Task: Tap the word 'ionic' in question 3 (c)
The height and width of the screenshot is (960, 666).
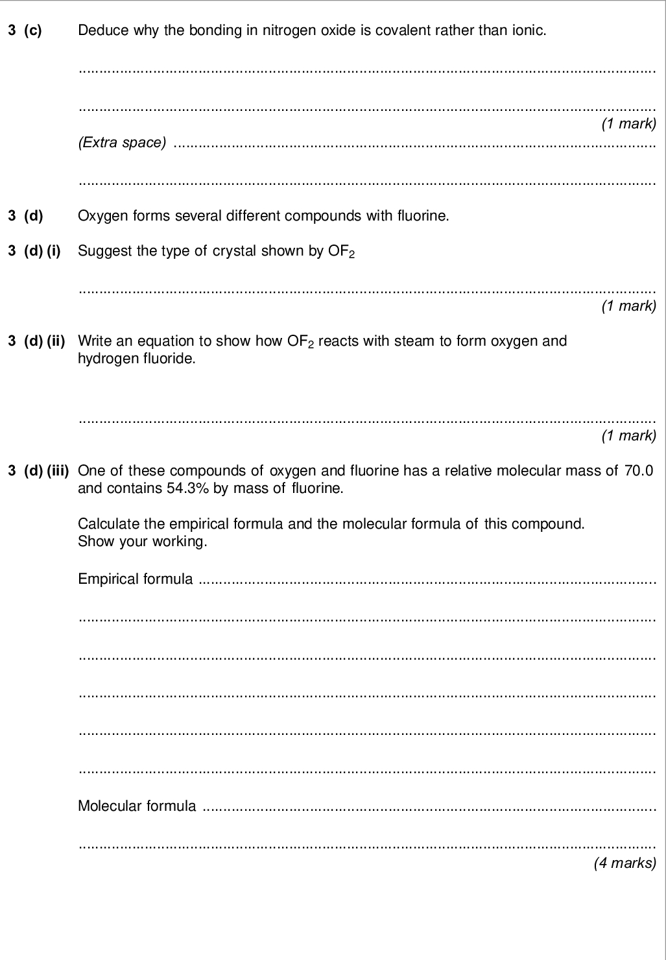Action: (530, 30)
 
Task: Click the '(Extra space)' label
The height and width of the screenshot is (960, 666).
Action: (122, 142)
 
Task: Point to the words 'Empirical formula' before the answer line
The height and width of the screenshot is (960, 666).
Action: (135, 579)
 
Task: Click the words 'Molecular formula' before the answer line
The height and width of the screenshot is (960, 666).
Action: (137, 806)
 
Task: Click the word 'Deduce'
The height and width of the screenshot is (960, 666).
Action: (98, 30)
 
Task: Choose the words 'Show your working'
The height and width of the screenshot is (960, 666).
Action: (142, 541)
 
